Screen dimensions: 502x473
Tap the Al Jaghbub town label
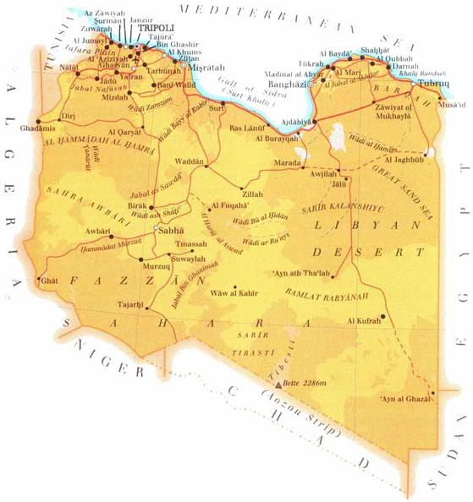[x=401, y=158]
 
